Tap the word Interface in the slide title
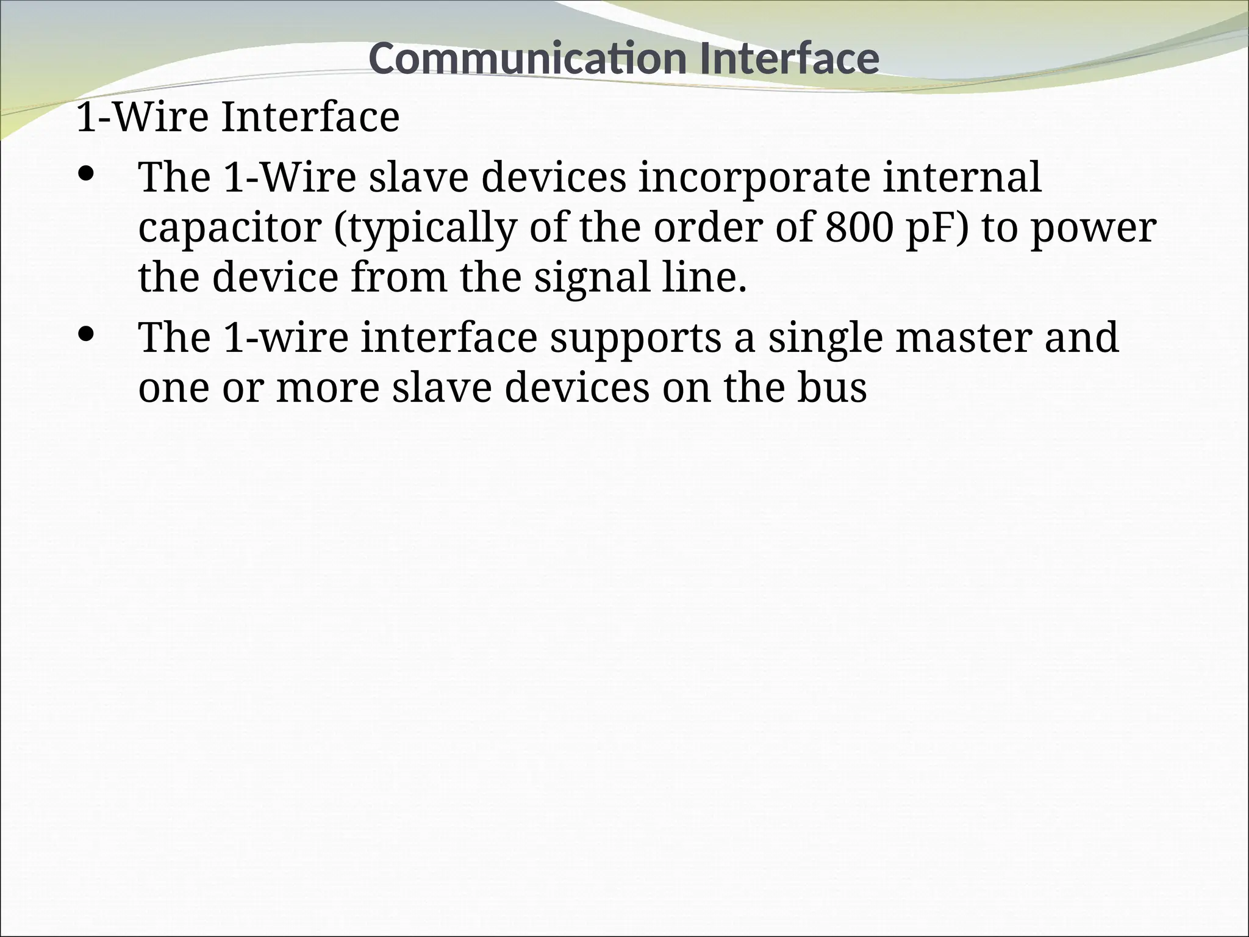pyautogui.click(x=789, y=59)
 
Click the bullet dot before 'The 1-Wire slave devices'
pyautogui.click(x=87, y=174)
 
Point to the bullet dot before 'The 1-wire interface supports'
pyautogui.click(x=87, y=334)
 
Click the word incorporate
pyautogui.click(x=754, y=178)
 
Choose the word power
pyautogui.click(x=1093, y=228)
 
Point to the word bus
pyautogui.click(x=832, y=387)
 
